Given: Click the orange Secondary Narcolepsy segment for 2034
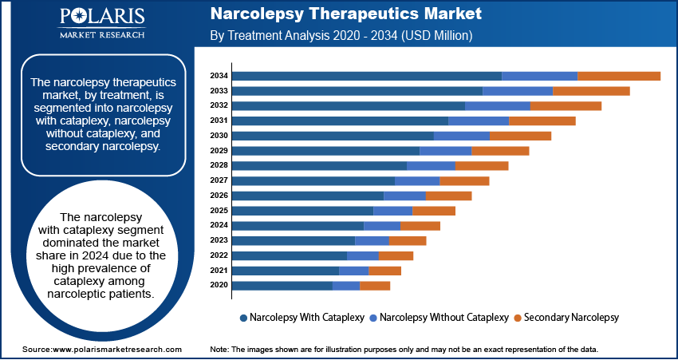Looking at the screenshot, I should [x=619, y=76].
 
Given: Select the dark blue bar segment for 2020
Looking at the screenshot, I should [x=282, y=285].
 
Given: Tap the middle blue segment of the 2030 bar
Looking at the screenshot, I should [x=461, y=136].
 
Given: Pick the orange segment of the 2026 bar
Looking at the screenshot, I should [x=448, y=196].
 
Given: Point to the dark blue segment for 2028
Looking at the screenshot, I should [x=319, y=165].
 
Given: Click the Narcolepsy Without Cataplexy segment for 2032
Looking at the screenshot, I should [x=498, y=105].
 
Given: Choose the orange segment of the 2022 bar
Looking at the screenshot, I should [x=396, y=255].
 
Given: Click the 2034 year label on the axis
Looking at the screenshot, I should [x=219, y=76].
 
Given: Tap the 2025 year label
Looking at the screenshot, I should [x=219, y=211].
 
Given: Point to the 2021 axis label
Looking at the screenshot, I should [x=219, y=271].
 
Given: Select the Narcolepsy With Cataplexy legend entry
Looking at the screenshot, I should [x=302, y=317].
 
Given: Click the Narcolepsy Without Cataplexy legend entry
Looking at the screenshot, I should [x=438, y=317].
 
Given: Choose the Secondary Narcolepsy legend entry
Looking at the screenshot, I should [x=566, y=317].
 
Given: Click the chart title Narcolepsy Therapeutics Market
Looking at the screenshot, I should [x=345, y=14].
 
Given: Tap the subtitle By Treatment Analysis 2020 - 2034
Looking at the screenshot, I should [x=341, y=36].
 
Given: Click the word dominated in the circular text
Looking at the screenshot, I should [x=78, y=243].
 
